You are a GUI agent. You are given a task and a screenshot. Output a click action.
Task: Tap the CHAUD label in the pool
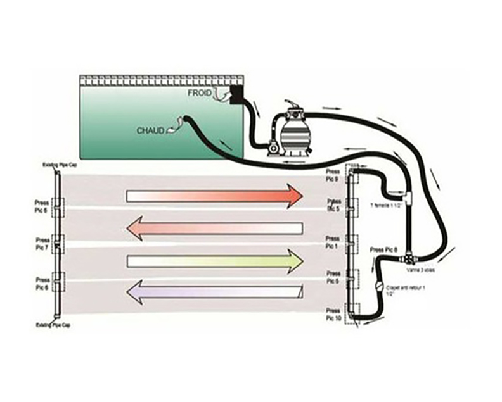tap(150, 130)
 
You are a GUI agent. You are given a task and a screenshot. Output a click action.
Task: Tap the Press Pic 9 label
tap(332, 175)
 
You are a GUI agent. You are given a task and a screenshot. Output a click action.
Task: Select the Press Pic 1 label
tap(332, 242)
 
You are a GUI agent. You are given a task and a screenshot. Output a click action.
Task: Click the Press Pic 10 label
tap(333, 315)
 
